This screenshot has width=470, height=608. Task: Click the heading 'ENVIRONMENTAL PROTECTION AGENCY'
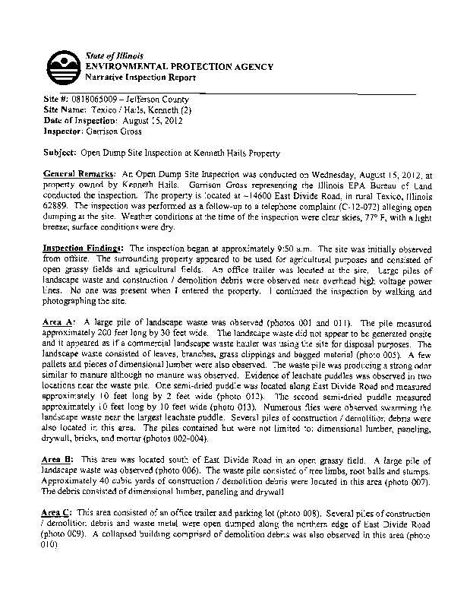pyautogui.click(x=179, y=68)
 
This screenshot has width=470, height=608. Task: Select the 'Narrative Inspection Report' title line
pyautogui.click(x=140, y=78)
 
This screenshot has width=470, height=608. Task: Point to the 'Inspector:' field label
pyautogui.click(x=62, y=131)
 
